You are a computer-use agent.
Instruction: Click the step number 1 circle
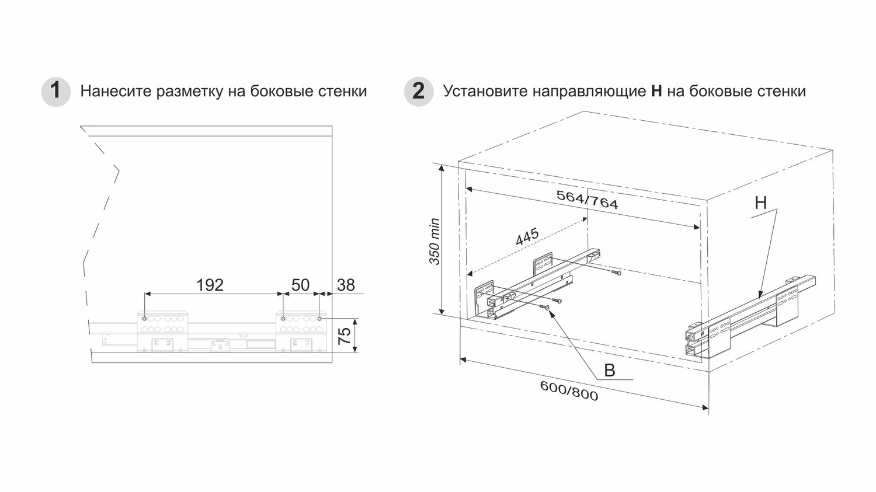pos(55,92)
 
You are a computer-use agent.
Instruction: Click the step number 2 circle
pos(419,92)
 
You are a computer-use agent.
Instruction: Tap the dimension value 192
pos(210,285)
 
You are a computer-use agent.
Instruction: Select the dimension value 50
pos(300,285)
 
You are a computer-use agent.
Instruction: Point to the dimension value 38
pos(346,285)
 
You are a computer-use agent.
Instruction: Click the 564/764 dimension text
pos(587,200)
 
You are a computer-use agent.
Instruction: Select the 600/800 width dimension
pos(569,390)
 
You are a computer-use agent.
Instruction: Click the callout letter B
pos(609,371)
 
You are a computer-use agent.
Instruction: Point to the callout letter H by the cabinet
pos(760,203)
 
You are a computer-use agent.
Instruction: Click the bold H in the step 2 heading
pos(656,92)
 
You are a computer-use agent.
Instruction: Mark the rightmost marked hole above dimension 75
pos(319,319)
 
